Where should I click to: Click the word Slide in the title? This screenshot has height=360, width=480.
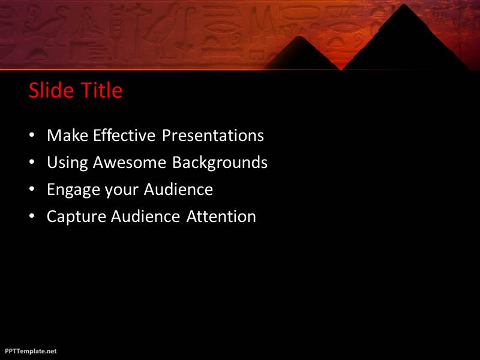click(x=52, y=90)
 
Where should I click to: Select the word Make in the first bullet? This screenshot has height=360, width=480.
click(x=68, y=136)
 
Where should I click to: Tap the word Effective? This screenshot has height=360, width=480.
click(x=124, y=136)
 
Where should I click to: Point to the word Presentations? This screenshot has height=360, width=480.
click(x=213, y=136)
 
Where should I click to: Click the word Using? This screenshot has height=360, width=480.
click(x=67, y=163)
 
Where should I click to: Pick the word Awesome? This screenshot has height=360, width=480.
click(x=130, y=162)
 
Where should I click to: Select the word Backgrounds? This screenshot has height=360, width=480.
click(x=220, y=163)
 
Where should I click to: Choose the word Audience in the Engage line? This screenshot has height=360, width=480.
click(x=178, y=189)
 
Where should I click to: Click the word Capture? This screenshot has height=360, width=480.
click(x=77, y=217)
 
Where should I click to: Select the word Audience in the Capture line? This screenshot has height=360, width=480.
click(x=145, y=216)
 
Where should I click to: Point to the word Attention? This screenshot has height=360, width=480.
click(x=221, y=216)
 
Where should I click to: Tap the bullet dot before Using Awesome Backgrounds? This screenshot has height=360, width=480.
click(x=32, y=162)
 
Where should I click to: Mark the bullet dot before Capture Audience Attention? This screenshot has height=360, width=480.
click(x=32, y=216)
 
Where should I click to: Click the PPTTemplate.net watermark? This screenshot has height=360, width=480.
click(x=31, y=351)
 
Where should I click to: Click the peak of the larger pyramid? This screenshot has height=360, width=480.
click(x=404, y=5)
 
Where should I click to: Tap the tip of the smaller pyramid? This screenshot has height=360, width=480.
click(x=299, y=37)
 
